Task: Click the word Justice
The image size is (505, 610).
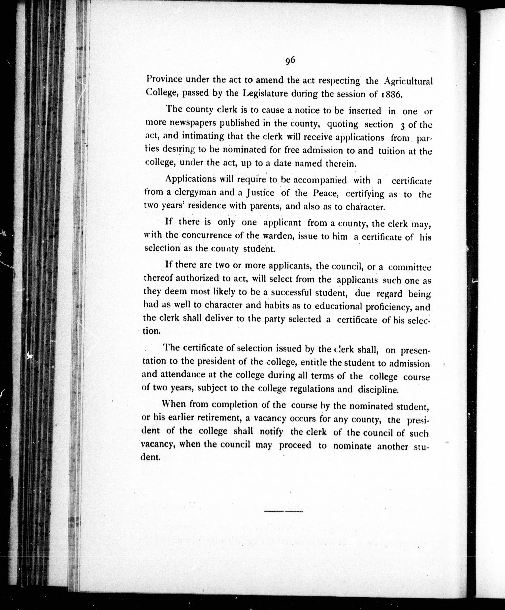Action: tap(260, 193)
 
